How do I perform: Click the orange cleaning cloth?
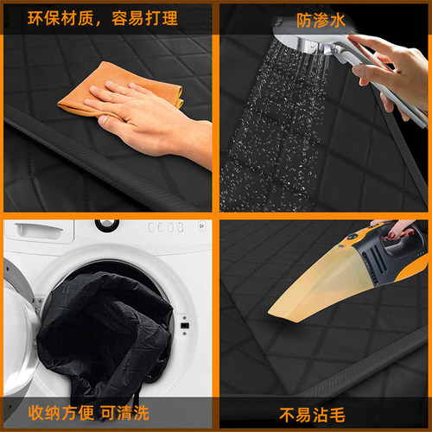[82, 91]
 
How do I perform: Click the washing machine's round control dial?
[106, 225]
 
